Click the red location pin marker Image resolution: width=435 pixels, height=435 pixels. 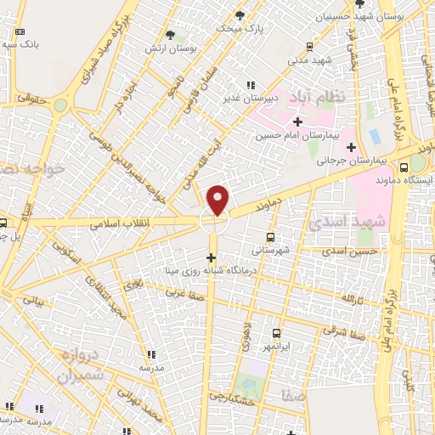coord(218,200)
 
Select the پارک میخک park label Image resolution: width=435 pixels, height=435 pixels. coord(237,28)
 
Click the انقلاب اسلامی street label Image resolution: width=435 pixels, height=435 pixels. coord(119,223)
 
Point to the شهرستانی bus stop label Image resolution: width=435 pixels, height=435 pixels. coord(270,251)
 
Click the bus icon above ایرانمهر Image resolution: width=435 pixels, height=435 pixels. coord(276,333)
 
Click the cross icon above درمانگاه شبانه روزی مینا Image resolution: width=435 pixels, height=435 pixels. coord(211,257)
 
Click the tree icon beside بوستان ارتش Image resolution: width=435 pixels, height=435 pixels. coord(170,35)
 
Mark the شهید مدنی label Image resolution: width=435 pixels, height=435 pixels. coord(309,60)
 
